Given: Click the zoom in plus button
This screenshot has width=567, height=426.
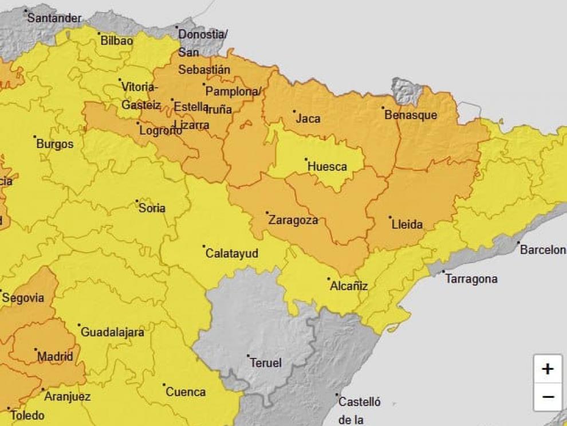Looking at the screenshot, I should pyautogui.click(x=548, y=369).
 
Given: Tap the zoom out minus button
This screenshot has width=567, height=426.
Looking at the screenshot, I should pyautogui.click(x=548, y=397).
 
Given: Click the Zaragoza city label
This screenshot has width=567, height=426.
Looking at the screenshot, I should pyautogui.click(x=293, y=220).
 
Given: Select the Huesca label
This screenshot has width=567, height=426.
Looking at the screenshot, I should pyautogui.click(x=327, y=167).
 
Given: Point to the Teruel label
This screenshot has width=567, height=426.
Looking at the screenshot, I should pyautogui.click(x=266, y=363).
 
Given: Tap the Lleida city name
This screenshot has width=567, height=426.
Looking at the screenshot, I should pyautogui.click(x=407, y=224).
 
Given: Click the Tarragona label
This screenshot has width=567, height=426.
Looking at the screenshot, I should pyautogui.click(x=471, y=279).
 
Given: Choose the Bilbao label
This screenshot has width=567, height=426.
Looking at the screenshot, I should pyautogui.click(x=116, y=41).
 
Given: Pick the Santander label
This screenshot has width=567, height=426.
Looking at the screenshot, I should pyautogui.click(x=54, y=18).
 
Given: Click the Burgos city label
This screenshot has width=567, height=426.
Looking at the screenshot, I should pyautogui.click(x=55, y=144).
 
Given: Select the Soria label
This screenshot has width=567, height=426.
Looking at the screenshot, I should pyautogui.click(x=152, y=208).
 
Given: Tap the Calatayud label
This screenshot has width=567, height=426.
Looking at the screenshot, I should pyautogui.click(x=231, y=253).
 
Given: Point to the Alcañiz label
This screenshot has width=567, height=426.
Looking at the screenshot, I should pyautogui.click(x=349, y=286).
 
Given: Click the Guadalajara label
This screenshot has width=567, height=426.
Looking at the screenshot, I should pyautogui.click(x=112, y=332).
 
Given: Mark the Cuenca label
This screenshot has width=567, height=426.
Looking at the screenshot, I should pyautogui.click(x=186, y=392).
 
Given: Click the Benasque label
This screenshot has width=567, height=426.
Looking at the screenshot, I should pyautogui.click(x=411, y=115).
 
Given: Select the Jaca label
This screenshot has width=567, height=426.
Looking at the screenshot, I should pyautogui.click(x=308, y=119).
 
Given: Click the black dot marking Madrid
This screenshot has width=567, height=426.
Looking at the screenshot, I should pyautogui.click(x=36, y=349).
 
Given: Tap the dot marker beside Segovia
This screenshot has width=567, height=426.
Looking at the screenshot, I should pyautogui.click(x=1, y=291).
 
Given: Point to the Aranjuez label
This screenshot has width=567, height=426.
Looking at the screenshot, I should pyautogui.click(x=68, y=396).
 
